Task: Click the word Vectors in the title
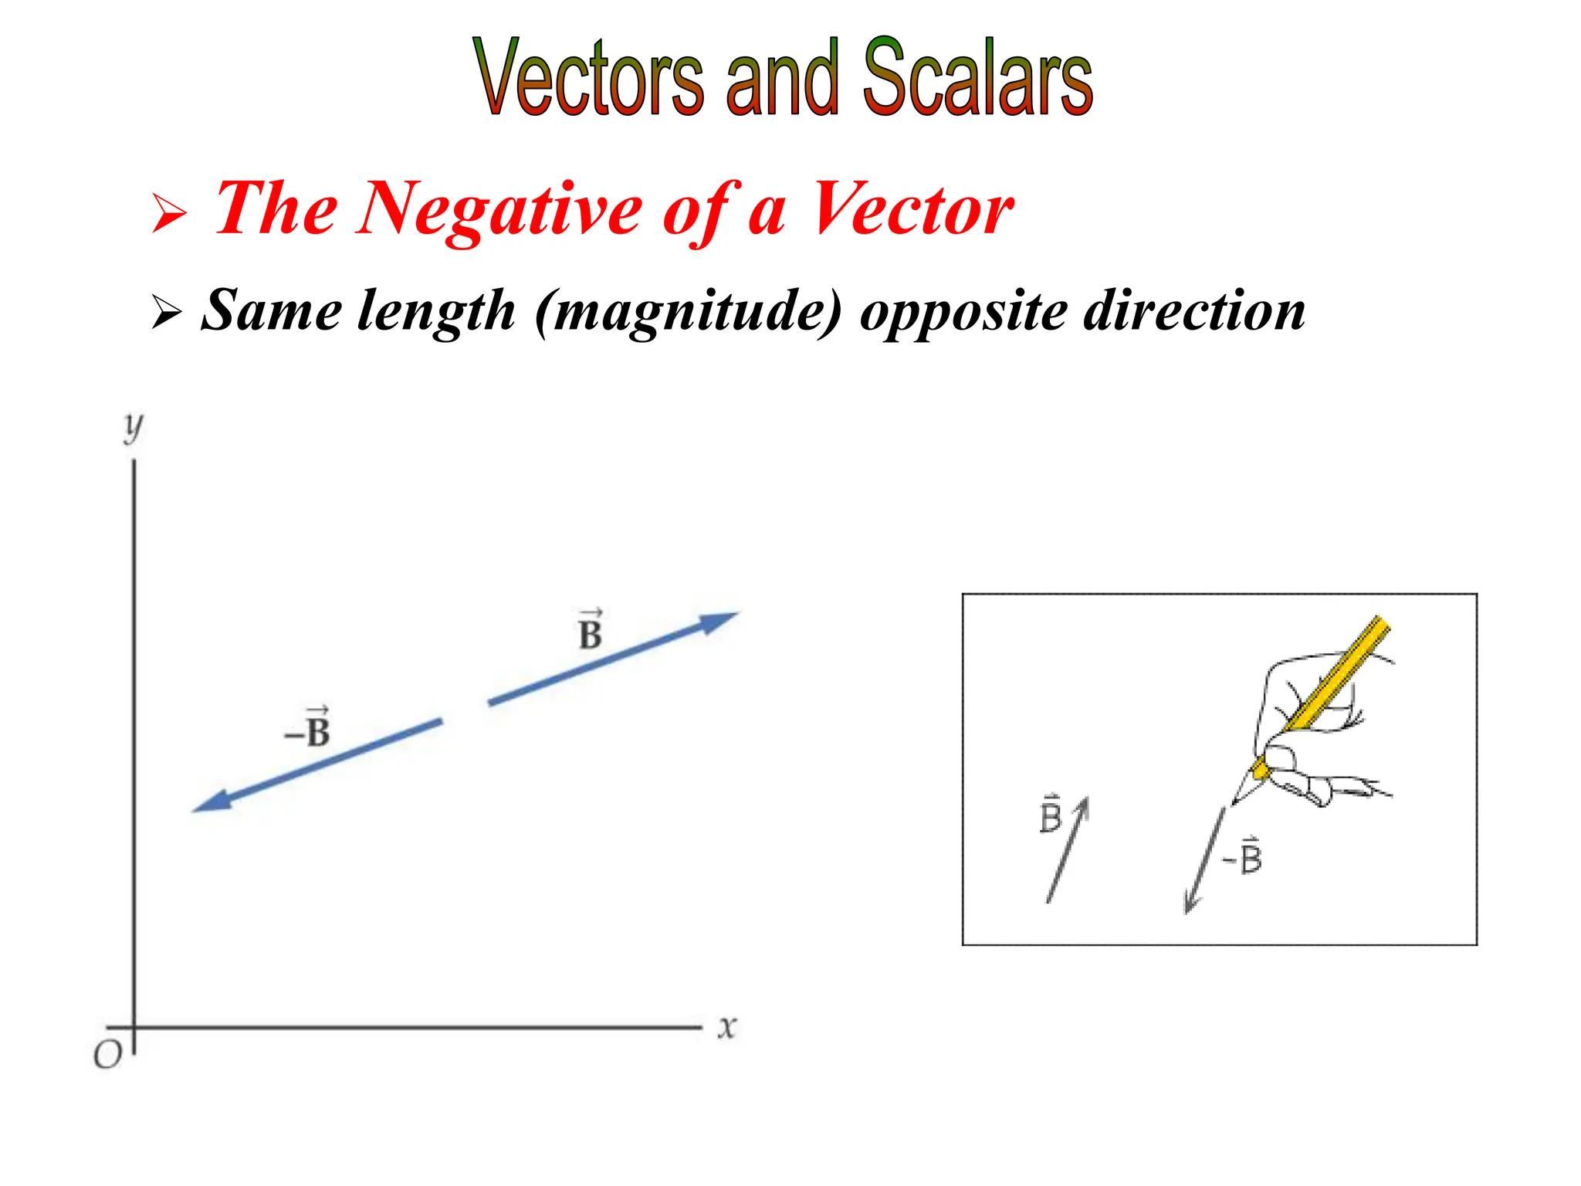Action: click(588, 77)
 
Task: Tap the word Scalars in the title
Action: click(977, 77)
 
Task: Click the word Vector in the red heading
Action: click(912, 209)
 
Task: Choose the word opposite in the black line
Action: click(963, 311)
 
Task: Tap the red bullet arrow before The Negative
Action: click(169, 213)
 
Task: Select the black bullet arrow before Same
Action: click(167, 312)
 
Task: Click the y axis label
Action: click(134, 426)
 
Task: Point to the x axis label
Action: click(726, 1028)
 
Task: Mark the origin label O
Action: click(107, 1055)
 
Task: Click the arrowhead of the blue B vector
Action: click(719, 621)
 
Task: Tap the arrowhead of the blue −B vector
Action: click(212, 801)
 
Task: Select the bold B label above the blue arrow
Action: click(590, 631)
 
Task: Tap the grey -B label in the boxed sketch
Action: click(1243, 856)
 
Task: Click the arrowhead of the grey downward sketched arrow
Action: click(1190, 906)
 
